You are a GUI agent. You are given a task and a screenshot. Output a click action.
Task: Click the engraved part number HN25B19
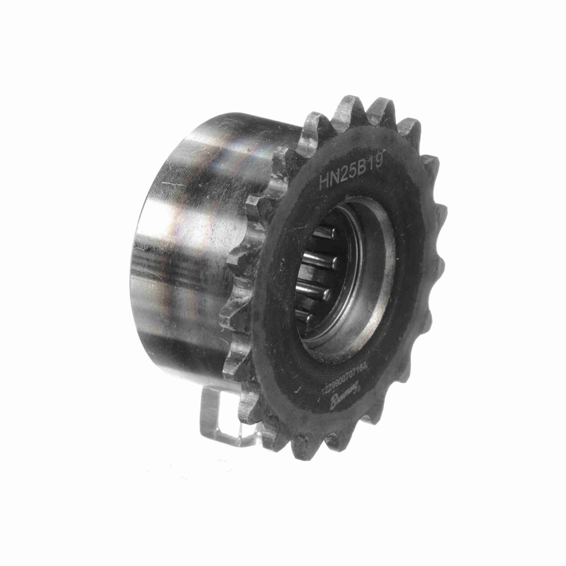click(x=351, y=171)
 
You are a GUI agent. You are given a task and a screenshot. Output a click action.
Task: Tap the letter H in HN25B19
click(x=324, y=182)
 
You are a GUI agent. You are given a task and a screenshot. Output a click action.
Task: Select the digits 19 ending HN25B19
click(x=376, y=162)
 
